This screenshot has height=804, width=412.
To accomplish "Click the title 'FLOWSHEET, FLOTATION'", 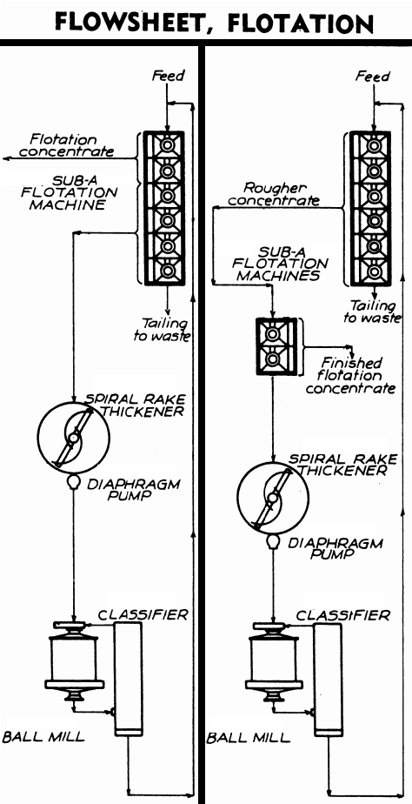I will [x=206, y=21].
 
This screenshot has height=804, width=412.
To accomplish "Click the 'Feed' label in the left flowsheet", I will [x=169, y=76].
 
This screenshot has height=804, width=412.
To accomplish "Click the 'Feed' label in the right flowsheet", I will [x=372, y=77].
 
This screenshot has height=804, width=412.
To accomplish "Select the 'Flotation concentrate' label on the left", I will [x=71, y=145].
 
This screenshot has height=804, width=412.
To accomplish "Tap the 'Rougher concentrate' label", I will [x=281, y=193].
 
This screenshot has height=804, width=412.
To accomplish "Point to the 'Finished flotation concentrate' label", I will [x=351, y=375].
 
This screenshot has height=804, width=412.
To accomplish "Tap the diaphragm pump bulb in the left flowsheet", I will [x=73, y=483].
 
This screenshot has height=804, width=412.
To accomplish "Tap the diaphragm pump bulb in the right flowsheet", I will [x=273, y=541].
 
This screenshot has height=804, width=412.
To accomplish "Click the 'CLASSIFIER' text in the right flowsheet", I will [x=342, y=616].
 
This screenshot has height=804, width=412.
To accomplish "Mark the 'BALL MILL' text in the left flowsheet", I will [x=43, y=737].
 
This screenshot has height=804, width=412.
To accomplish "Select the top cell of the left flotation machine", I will [x=163, y=144].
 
